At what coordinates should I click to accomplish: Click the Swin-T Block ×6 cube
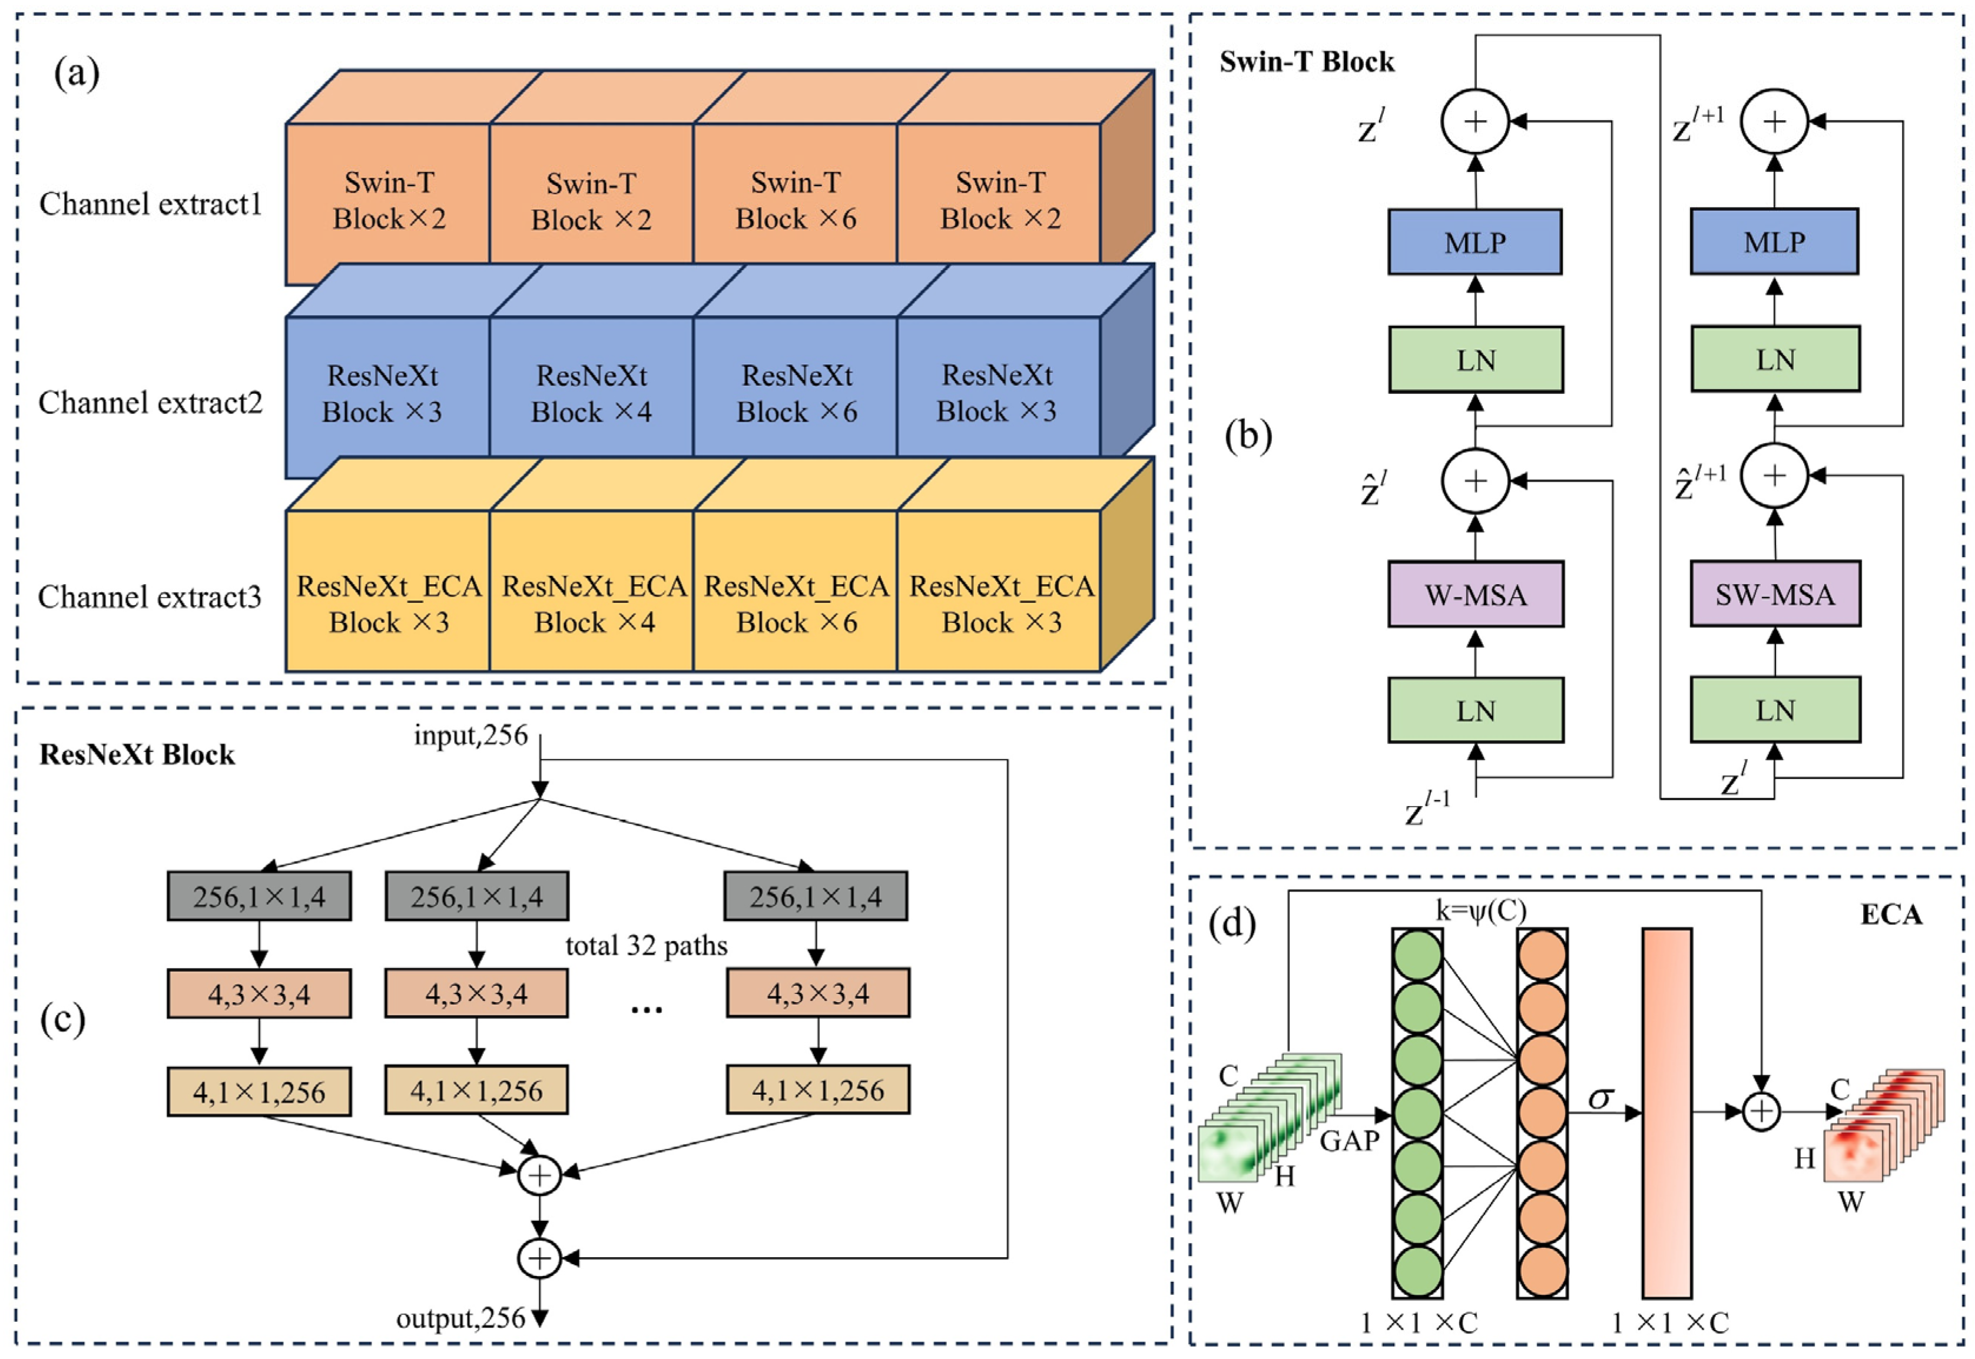[x=795, y=200]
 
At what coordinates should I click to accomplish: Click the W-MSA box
[x=1475, y=594]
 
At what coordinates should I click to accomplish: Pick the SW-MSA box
[x=1774, y=594]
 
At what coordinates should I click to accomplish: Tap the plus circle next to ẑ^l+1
[x=1774, y=476]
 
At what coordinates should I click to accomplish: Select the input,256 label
[x=470, y=735]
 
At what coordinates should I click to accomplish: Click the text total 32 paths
[x=646, y=946]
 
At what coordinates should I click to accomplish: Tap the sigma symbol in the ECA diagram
[x=1600, y=1098]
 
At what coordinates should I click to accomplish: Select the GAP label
[x=1349, y=1140]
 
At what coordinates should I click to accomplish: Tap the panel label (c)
[x=63, y=1020]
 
